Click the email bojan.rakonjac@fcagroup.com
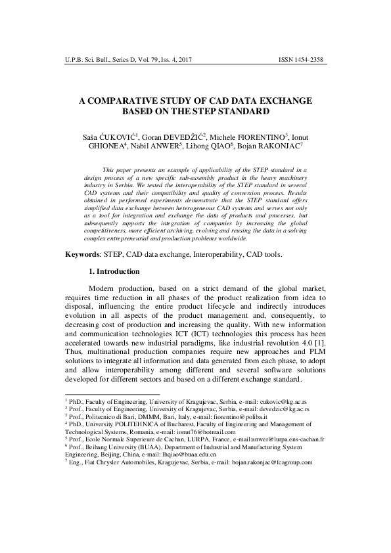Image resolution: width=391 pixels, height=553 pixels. [x=270, y=462]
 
